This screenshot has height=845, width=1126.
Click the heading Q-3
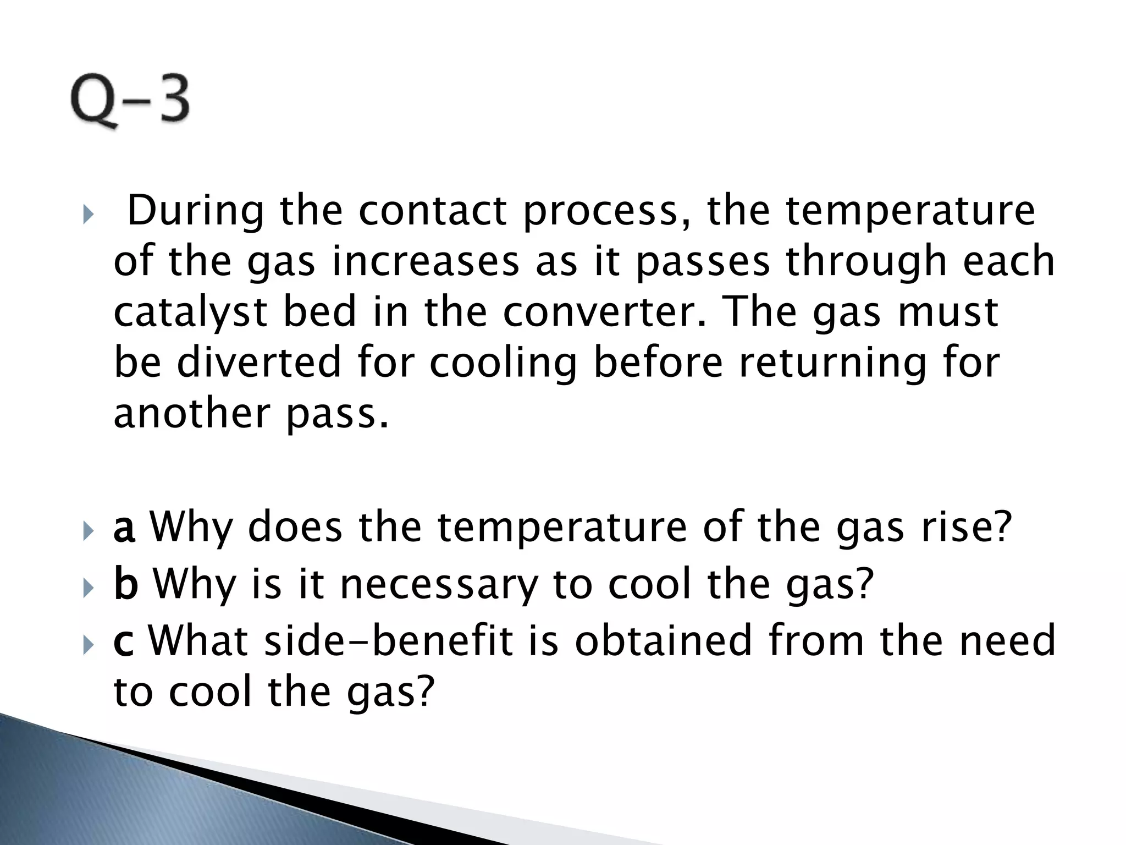point(130,101)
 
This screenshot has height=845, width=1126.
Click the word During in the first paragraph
point(195,211)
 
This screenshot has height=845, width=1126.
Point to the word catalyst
point(190,313)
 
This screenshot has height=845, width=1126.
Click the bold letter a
point(124,528)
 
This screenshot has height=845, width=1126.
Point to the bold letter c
point(123,641)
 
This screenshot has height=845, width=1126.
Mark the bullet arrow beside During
point(88,215)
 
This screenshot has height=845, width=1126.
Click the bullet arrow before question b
point(88,589)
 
